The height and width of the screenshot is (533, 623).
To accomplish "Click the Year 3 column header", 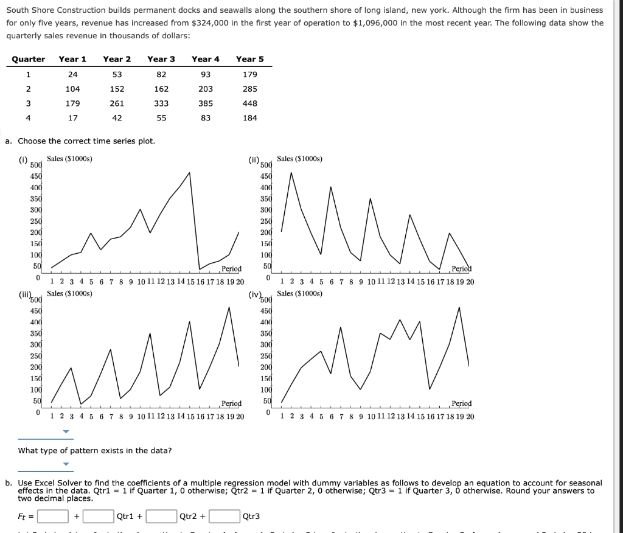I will pos(161,59).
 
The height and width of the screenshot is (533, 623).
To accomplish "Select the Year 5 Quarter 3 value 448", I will pos(250,103).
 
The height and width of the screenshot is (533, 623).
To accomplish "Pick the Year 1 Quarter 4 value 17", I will pos(72,118).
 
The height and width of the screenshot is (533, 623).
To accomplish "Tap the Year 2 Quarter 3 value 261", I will pos(117,103).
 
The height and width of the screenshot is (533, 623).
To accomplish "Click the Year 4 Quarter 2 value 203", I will pos(206,89).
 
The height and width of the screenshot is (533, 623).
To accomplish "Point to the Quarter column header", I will pos(29,59).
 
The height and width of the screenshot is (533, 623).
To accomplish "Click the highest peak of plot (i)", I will pos(190,173).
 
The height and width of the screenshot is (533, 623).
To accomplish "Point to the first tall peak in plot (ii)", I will pos(291,173).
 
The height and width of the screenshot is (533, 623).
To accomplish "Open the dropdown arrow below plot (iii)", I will pos(67,433).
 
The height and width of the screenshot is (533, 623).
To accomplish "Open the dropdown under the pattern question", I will pos(67,464).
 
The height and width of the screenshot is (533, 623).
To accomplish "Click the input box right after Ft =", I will pos(53,517).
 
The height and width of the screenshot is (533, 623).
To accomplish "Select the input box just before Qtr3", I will pos(224,517).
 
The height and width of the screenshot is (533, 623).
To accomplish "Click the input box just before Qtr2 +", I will pos(161,517).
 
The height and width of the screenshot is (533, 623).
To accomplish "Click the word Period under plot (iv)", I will pos(461,403).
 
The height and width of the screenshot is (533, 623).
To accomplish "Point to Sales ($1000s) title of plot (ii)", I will pos(300,159).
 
